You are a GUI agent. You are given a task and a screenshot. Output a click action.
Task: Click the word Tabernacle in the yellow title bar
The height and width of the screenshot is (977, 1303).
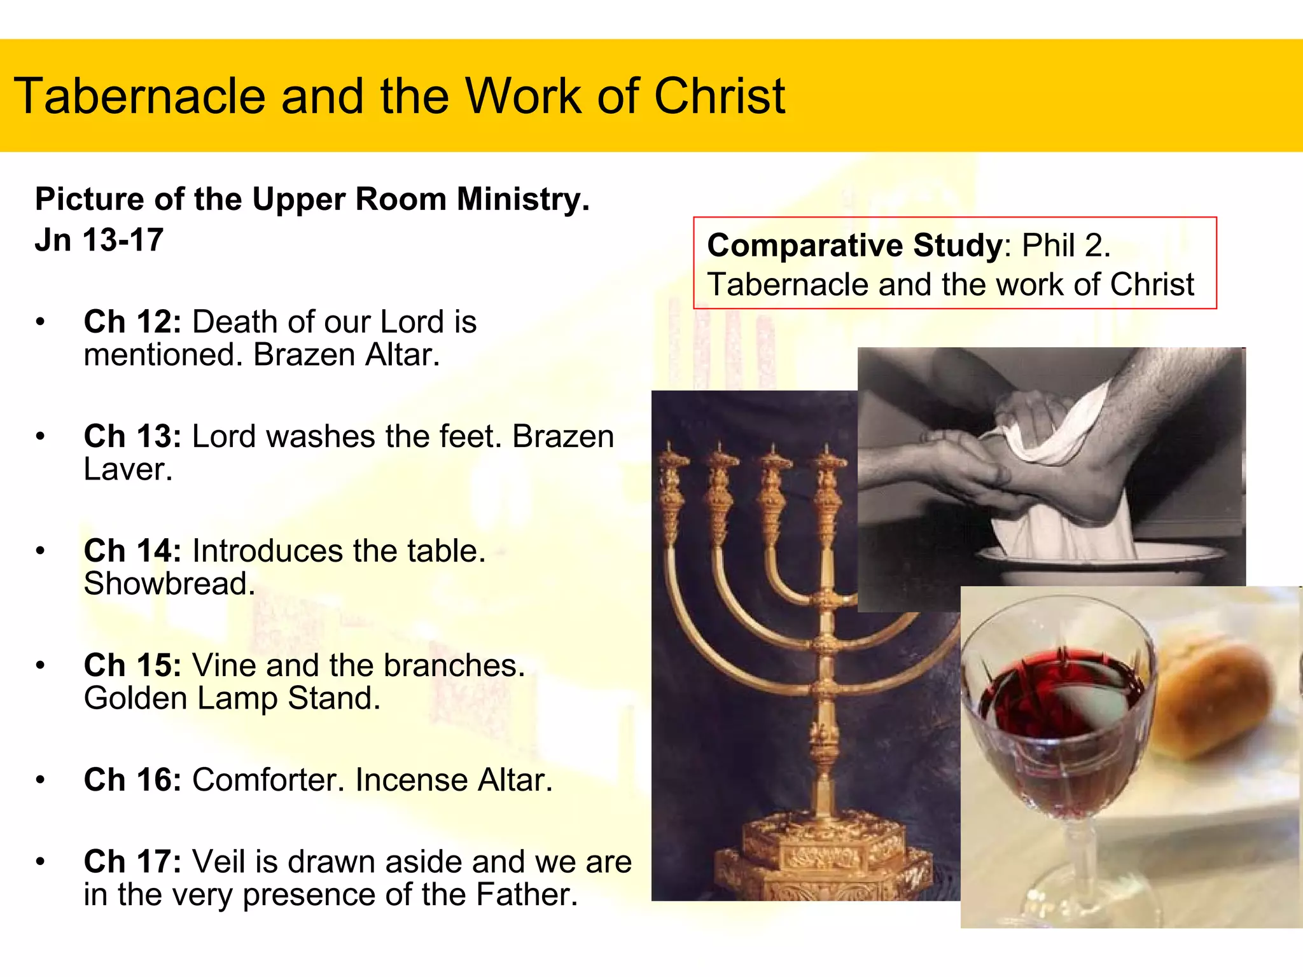tap(139, 97)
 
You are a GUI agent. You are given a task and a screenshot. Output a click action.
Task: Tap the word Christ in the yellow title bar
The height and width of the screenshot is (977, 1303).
tap(720, 97)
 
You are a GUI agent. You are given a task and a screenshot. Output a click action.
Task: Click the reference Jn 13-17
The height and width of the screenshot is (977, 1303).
tap(99, 241)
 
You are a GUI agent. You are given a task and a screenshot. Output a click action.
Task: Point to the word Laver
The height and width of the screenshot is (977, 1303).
tap(128, 470)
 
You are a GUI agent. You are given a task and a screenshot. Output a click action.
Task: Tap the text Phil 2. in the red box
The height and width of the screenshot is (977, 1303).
tap(1066, 246)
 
